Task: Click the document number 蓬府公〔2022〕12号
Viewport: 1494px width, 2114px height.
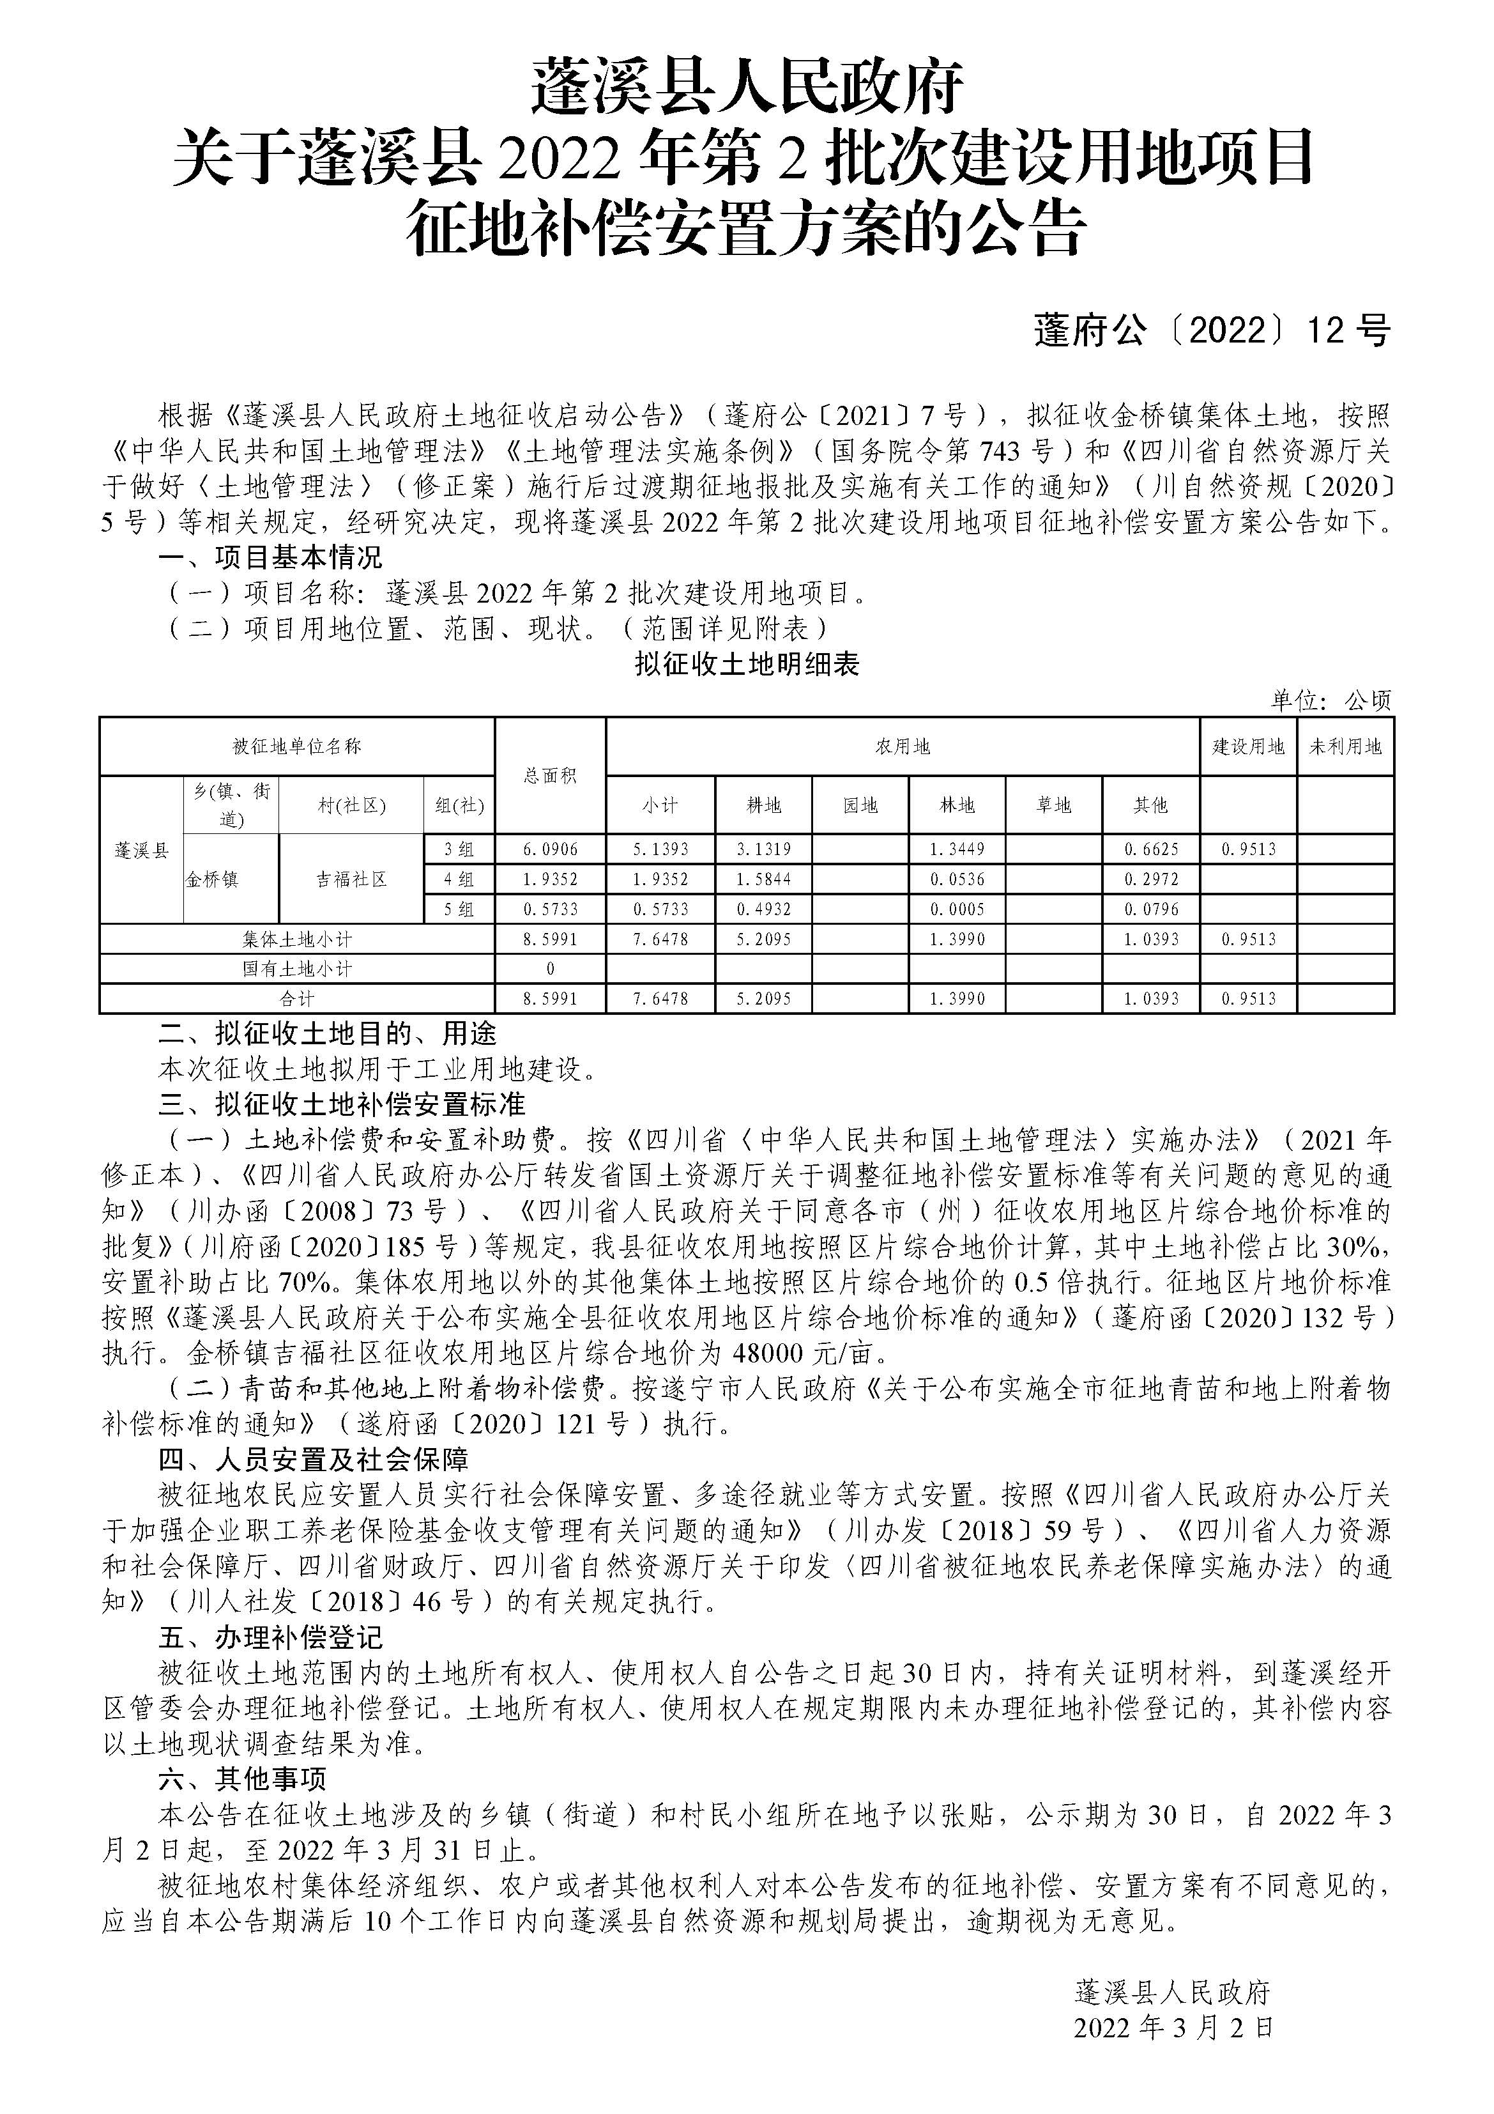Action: click(1212, 330)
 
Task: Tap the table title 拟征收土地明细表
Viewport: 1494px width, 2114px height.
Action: click(747, 665)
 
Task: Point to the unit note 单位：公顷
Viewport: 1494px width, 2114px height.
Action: click(1331, 700)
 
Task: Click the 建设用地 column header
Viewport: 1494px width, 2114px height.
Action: click(1248, 746)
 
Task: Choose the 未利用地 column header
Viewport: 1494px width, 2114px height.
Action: click(1346, 746)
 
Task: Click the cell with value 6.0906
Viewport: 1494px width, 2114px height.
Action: click(551, 849)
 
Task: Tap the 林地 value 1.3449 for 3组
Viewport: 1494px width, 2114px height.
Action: click(957, 849)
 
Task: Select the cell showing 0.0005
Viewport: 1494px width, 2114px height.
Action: click(957, 909)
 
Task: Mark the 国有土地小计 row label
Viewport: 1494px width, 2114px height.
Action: click(296, 969)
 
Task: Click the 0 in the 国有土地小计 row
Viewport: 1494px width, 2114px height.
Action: click(551, 969)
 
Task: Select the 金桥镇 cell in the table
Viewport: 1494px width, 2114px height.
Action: click(213, 879)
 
